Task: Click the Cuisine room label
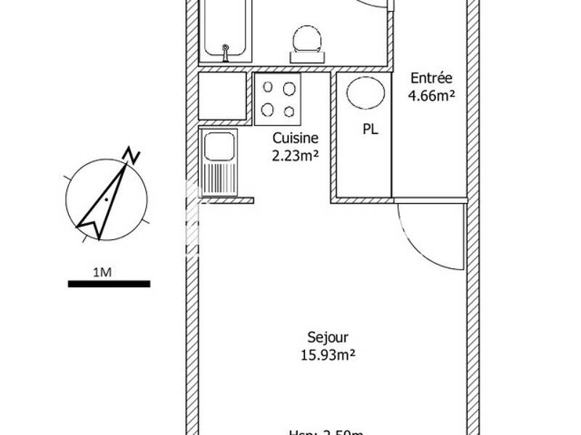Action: (x=294, y=137)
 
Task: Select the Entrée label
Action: (x=431, y=78)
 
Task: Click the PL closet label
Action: (x=370, y=130)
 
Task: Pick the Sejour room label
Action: (x=328, y=337)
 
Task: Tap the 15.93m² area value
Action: (x=328, y=355)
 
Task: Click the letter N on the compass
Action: (x=131, y=154)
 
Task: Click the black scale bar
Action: (x=109, y=283)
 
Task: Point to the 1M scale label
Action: (x=102, y=272)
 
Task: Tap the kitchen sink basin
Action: (x=219, y=147)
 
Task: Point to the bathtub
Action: (x=226, y=29)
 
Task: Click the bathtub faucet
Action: (x=226, y=51)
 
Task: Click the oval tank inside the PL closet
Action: (x=361, y=92)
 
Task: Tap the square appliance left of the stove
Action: (x=223, y=96)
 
